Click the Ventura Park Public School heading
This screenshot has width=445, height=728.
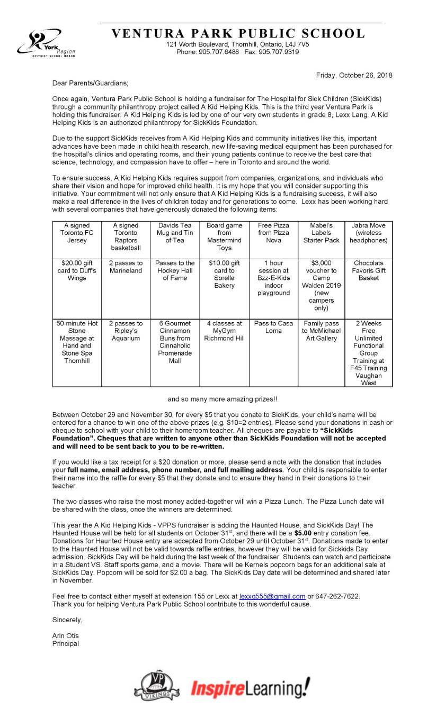[238, 34]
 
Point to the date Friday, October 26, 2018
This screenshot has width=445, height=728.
[354, 75]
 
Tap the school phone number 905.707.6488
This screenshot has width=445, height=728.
[215, 52]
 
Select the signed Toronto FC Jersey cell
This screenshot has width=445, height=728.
[77, 233]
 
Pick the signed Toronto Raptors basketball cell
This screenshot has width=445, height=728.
[126, 236]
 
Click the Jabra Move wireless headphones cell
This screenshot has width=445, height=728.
[368, 233]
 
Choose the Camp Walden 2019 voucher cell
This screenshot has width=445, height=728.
[321, 285]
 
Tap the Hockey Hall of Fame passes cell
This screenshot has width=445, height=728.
[175, 270]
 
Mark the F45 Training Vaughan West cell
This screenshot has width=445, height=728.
[368, 353]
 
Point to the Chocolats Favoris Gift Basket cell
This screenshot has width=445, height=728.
[368, 270]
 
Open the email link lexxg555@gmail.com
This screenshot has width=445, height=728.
[272, 596]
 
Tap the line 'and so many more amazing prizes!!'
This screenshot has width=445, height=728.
[222, 399]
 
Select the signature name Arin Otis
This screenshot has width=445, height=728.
[65, 635]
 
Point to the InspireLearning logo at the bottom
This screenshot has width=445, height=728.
[250, 688]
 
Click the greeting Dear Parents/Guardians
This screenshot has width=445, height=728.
[90, 83]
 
